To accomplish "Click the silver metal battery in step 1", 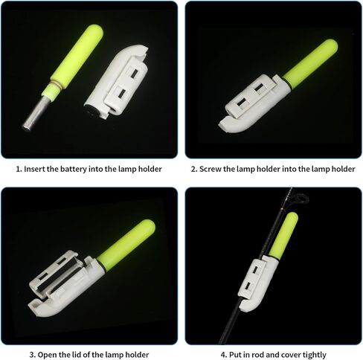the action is [x=36, y=112].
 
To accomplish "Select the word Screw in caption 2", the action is [x=211, y=170].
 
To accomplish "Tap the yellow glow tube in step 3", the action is [x=126, y=245].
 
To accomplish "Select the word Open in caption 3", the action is [x=47, y=355].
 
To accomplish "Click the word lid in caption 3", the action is [x=77, y=355].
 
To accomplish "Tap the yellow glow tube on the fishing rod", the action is [x=283, y=236].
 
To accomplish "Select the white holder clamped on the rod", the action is [x=257, y=283].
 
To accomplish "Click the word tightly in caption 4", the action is [x=314, y=355].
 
